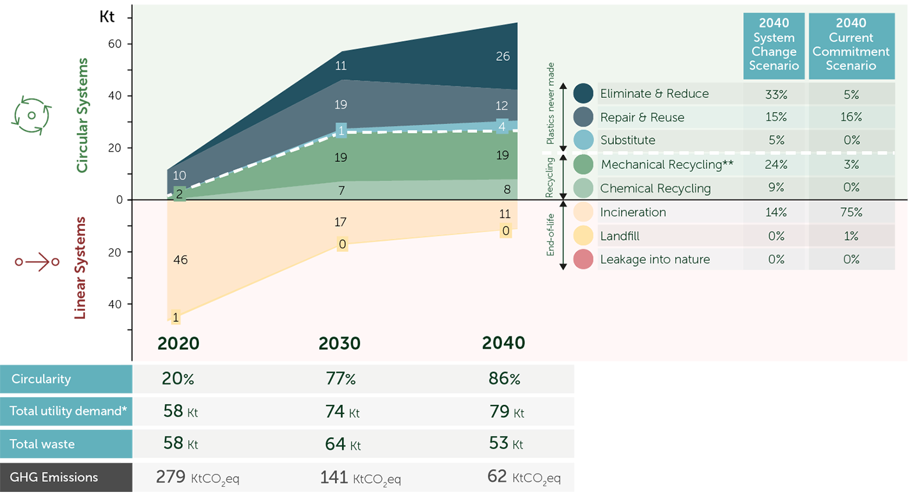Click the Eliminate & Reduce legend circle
pos(583,93)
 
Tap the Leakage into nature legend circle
pos(583,260)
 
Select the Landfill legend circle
pos(583,236)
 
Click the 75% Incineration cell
pos(851,212)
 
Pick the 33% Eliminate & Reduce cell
pos(776,94)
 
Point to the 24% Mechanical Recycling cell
pos(776,164)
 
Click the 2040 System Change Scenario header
pos(774,45)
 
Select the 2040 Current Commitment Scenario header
pos(851,45)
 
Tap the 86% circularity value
pos(504,379)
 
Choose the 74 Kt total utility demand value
pos(342,411)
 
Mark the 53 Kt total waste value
pos(506,443)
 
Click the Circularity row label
pos(41,379)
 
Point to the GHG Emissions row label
pos(54,477)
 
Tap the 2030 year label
pos(340,344)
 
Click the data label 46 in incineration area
pos(180,260)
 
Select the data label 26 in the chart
pos(503,56)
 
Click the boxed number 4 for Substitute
pos(502,127)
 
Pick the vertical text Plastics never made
pos(551,104)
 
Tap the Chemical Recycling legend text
pos(655,189)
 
